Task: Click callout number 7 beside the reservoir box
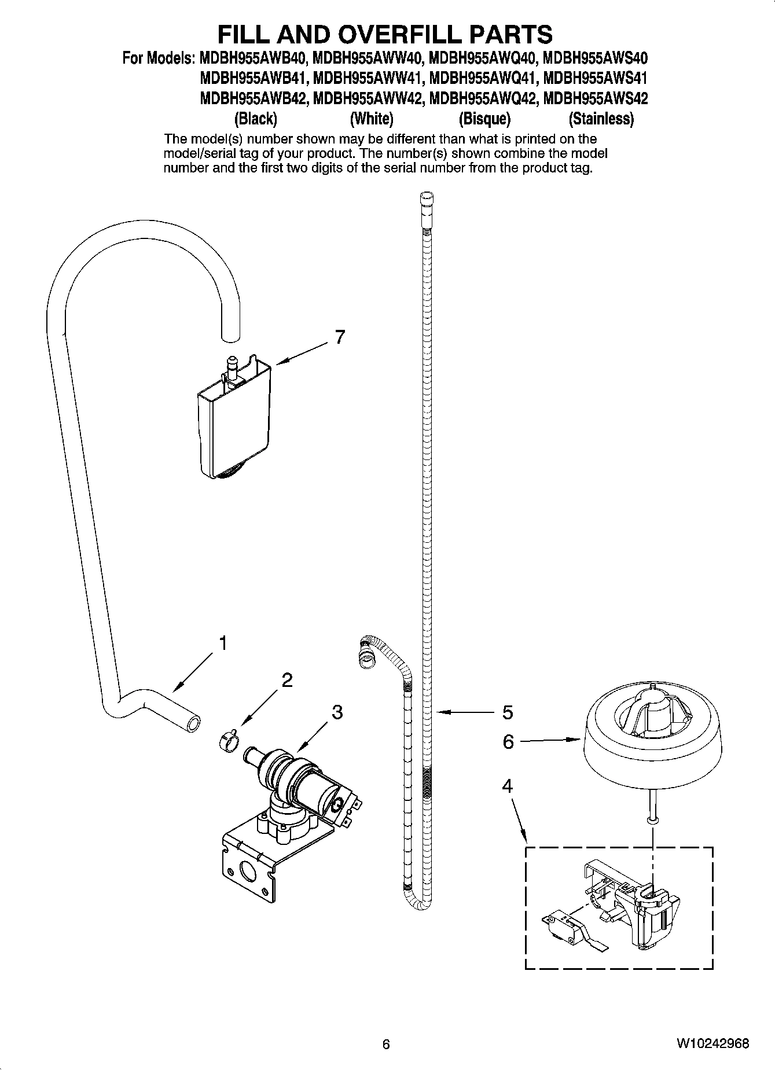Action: pyautogui.click(x=340, y=337)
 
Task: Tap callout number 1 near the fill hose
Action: pyautogui.click(x=222, y=642)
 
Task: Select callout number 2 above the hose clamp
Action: pyautogui.click(x=287, y=680)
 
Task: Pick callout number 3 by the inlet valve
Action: pyautogui.click(x=337, y=712)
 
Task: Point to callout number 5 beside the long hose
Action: pyautogui.click(x=507, y=712)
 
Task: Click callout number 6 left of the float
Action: pyautogui.click(x=508, y=741)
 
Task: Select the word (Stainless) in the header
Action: pyautogui.click(x=601, y=119)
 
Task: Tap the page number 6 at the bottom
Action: pyautogui.click(x=386, y=1044)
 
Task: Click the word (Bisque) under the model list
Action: pyautogui.click(x=484, y=119)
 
